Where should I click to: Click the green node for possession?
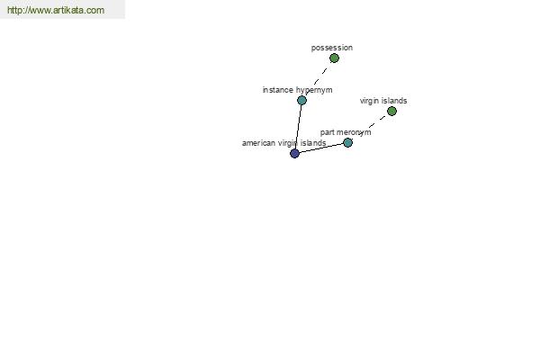pos(334,58)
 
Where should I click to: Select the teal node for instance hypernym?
pos(301,100)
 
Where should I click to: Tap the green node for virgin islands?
pos(391,111)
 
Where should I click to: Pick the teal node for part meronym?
pos(347,142)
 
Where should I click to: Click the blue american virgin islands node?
pos(294,153)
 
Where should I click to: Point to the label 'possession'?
pos(331,48)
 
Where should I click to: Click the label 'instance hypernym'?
pos(297,90)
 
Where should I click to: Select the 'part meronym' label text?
pos(346,132)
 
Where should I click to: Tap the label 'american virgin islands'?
pos(283,143)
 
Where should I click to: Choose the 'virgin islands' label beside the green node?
pos(383,101)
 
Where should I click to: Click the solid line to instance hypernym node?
pos(298,127)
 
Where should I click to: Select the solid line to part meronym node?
pos(321,148)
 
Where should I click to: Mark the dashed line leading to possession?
pos(318,79)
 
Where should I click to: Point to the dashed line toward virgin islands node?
pos(370,127)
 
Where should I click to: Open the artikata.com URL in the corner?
pos(56,10)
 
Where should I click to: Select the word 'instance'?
pos(277,90)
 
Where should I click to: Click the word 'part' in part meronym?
pos(325,132)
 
